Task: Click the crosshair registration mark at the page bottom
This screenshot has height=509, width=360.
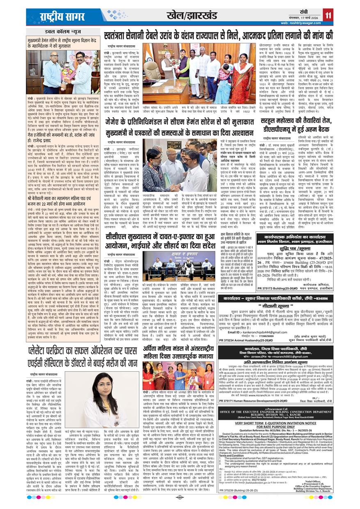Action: coord(180,498)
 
